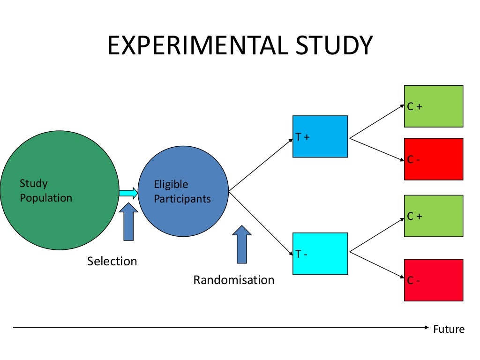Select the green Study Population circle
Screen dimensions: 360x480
pos(60,190)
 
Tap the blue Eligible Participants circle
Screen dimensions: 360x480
pos(183,191)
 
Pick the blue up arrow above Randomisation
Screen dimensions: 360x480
pos(242,244)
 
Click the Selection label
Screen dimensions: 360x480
pos(112,261)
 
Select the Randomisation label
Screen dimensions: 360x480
pos(234,280)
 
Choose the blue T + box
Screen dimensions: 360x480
pos(320,136)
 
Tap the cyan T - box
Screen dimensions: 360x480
pos(320,253)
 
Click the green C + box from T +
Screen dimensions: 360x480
pos(434,106)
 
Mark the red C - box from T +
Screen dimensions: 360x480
pos(434,159)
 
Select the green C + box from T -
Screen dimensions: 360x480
pos(434,216)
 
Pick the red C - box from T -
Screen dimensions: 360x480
pos(434,280)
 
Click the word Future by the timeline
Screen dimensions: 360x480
pos(449,329)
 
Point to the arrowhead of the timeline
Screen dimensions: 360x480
pos(426,327)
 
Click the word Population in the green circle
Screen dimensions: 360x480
pos(46,198)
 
